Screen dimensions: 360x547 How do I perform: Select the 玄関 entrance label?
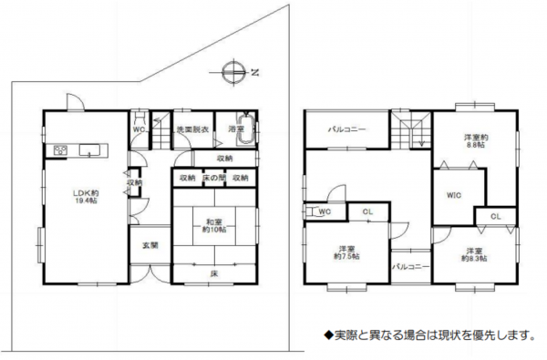coord(150,245)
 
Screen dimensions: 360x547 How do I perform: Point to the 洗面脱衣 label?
coord(193,129)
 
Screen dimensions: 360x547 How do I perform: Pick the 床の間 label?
coord(214,177)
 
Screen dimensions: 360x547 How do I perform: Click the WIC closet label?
coord(453,196)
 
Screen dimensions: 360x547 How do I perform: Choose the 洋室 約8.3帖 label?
coord(473,255)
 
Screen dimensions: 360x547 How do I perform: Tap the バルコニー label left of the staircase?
coord(347,129)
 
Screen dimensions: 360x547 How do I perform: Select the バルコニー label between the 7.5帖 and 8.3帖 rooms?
coord(410,267)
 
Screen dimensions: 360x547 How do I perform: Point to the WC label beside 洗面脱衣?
coord(139,129)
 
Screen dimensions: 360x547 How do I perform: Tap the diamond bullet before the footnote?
coord(329,335)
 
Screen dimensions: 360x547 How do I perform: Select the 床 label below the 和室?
coord(213,273)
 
